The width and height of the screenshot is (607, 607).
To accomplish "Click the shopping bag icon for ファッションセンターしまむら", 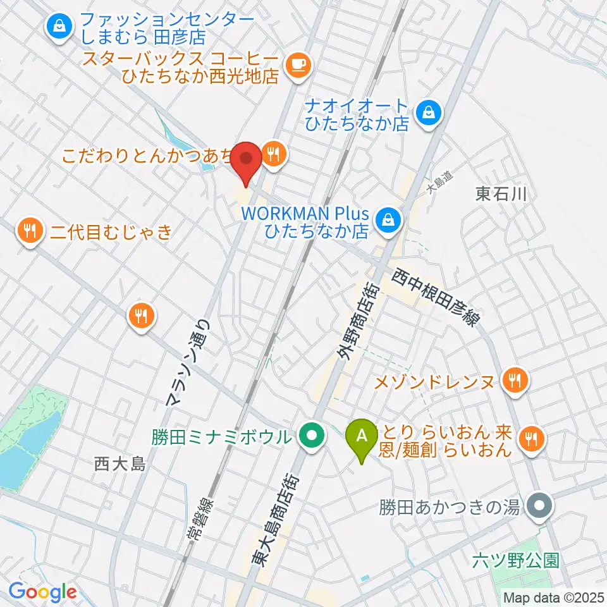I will click(x=59, y=27).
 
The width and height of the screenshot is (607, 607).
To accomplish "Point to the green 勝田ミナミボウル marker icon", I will click(x=311, y=436).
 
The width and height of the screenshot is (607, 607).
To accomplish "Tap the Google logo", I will click(x=42, y=592).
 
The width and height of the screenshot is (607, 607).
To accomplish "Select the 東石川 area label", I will click(x=501, y=193).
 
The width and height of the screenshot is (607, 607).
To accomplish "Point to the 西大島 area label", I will click(x=120, y=465).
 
